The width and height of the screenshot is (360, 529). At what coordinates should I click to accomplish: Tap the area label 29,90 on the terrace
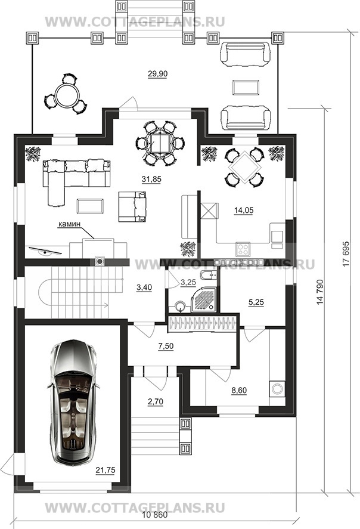coord(158,73)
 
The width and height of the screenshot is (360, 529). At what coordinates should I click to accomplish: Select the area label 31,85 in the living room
coord(151,179)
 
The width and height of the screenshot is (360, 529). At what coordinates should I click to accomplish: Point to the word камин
coord(70,224)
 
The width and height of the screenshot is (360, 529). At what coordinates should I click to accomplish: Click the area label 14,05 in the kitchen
coord(244,211)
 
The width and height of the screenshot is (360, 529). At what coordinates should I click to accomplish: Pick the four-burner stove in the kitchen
coord(243,249)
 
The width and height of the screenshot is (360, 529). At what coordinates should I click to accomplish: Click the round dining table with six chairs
coord(160,144)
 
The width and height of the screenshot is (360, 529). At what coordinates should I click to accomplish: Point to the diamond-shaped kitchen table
coord(245,167)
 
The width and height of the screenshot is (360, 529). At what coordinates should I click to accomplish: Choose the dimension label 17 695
coord(346,254)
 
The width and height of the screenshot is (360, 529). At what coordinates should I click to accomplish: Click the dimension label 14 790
coord(320,292)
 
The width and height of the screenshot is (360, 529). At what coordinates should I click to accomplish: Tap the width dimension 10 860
coord(155,515)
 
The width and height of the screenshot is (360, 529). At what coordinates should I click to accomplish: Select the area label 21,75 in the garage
coord(105,470)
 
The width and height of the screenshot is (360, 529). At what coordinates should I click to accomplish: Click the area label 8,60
coord(238,391)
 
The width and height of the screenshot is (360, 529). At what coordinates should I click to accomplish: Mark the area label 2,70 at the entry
coord(156,401)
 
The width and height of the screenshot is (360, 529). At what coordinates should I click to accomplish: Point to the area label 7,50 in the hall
coord(166,346)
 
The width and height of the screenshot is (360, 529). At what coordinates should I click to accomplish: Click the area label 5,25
coord(256,302)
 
